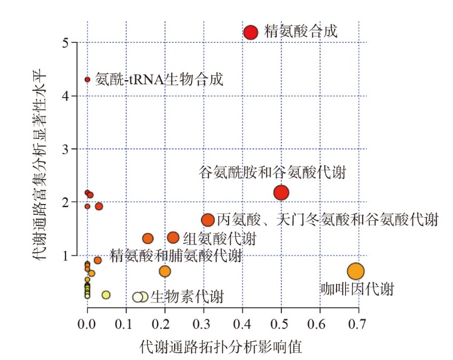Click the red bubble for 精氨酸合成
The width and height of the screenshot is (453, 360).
pyautogui.click(x=250, y=32)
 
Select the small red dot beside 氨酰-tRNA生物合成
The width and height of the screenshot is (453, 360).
pyautogui.click(x=87, y=80)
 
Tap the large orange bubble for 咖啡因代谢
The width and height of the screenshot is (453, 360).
pyautogui.click(x=355, y=271)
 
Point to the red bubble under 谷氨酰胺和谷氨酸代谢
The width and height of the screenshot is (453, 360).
pyautogui.click(x=281, y=192)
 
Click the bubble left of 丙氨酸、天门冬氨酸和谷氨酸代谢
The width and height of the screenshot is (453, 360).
pyautogui.click(x=208, y=220)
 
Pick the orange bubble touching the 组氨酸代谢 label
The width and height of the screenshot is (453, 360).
pyautogui.click(x=173, y=238)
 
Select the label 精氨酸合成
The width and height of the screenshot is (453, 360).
pyautogui.click(x=301, y=31)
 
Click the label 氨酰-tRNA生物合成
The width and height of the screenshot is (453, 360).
pyautogui.click(x=159, y=79)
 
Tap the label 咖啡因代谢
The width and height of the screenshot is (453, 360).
pyautogui.click(x=357, y=288)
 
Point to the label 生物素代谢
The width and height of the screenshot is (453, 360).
pyautogui.click(x=187, y=297)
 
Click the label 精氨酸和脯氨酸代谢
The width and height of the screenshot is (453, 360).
pyautogui.click(x=176, y=255)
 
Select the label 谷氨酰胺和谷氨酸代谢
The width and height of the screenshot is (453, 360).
pyautogui.click(x=272, y=172)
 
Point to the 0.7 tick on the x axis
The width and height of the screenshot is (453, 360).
pyautogui.click(x=357, y=324)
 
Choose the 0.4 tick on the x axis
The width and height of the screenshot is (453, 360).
pyautogui.click(x=242, y=324)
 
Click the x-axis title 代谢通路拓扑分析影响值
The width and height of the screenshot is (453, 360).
pyautogui.click(x=221, y=347)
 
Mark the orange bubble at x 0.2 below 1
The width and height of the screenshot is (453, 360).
pyautogui.click(x=165, y=271)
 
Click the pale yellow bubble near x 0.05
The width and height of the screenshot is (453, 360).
pyautogui.click(x=106, y=295)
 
